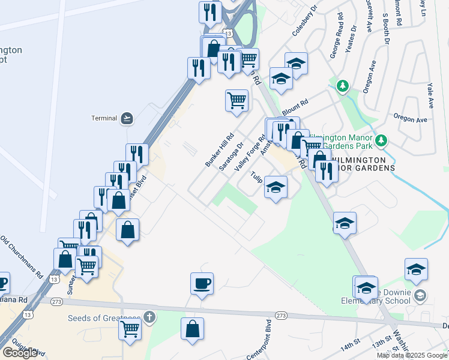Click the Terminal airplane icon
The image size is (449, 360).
click(x=126, y=118)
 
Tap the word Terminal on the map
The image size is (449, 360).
click(x=103, y=118)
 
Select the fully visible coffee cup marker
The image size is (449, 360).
click(x=202, y=283)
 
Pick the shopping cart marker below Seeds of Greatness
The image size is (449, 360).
click(x=130, y=329)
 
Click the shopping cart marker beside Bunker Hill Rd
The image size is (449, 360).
click(x=237, y=99)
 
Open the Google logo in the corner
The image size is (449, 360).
click(x=20, y=353)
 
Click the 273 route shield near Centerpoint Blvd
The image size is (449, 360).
click(x=281, y=315)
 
